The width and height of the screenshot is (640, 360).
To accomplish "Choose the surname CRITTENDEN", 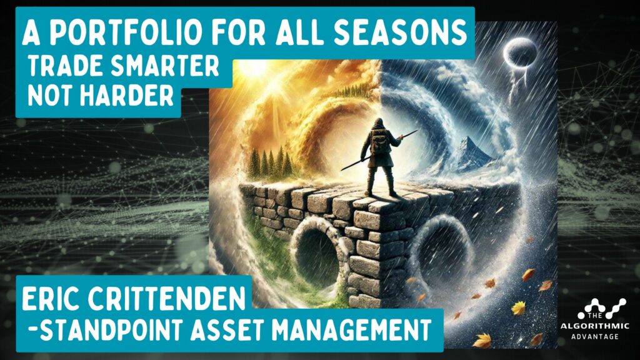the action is pyautogui.click(x=166, y=298).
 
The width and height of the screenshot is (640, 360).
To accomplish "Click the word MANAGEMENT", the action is pyautogui.click(x=351, y=330).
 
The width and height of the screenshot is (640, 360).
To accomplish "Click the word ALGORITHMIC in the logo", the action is pyautogui.click(x=594, y=326).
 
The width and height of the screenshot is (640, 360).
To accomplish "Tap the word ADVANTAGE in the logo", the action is pyautogui.click(x=595, y=337).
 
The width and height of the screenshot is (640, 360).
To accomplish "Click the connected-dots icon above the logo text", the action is pyautogui.click(x=602, y=308).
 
